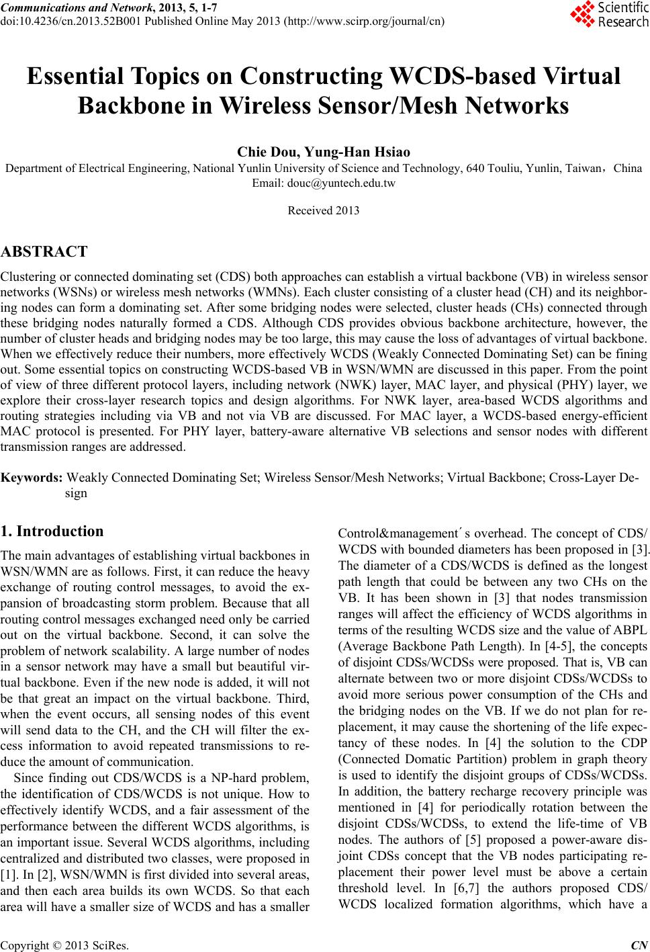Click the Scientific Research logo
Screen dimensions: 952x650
click(610, 15)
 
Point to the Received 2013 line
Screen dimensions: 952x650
click(323, 211)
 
